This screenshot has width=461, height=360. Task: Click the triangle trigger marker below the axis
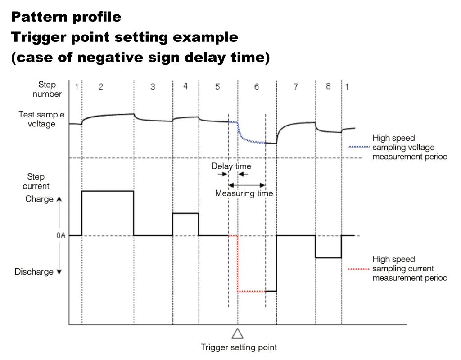point(238,334)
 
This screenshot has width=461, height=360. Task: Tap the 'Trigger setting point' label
point(239,347)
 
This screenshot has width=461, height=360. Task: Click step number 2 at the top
point(101,87)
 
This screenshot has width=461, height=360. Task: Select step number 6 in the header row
point(257,87)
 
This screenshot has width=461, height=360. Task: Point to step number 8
point(328,86)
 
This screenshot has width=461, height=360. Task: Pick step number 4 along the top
point(185,86)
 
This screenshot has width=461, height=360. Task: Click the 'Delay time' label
point(231,166)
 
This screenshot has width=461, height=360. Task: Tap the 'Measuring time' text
point(244,193)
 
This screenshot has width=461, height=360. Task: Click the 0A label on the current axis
point(61,235)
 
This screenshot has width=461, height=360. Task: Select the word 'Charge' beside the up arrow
point(40,199)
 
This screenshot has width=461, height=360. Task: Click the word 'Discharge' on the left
point(34,271)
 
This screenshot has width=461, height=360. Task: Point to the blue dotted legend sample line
point(359,147)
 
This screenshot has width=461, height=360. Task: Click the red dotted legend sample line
point(359,269)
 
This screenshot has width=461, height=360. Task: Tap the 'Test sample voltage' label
point(41,119)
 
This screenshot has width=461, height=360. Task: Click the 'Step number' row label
point(47,90)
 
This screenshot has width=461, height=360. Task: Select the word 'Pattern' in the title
point(40,17)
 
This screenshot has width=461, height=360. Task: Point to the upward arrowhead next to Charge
point(59,199)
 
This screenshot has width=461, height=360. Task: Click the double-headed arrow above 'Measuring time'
point(247,185)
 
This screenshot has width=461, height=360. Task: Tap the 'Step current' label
point(36,181)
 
